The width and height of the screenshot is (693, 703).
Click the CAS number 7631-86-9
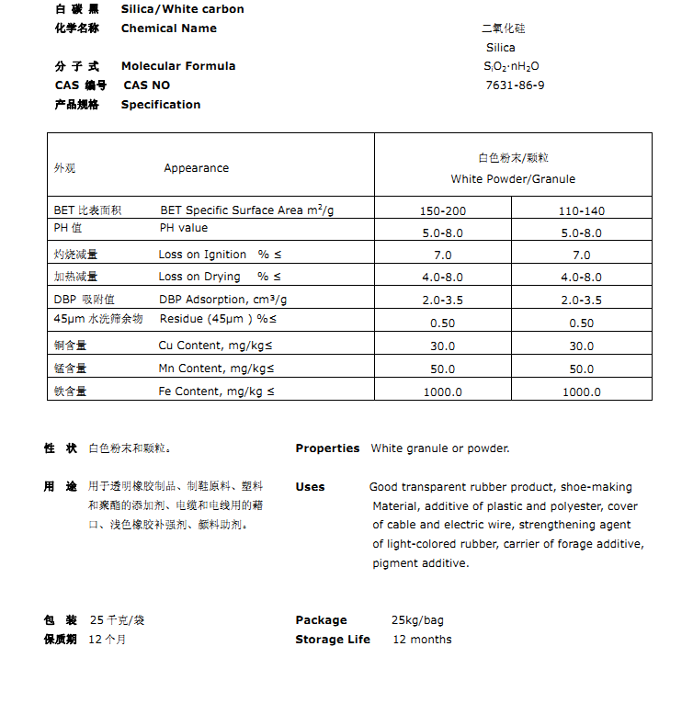tap(515, 85)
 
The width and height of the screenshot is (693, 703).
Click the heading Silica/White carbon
tap(183, 9)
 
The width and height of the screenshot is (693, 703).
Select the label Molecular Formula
tap(178, 66)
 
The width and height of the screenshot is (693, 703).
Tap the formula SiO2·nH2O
tap(511, 66)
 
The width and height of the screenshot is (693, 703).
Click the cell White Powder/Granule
tap(513, 178)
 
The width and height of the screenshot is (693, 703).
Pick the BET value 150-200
tap(442, 210)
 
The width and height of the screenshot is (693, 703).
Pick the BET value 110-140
tap(581, 210)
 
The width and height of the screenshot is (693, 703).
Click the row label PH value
tap(184, 228)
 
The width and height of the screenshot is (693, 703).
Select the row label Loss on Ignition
tap(202, 255)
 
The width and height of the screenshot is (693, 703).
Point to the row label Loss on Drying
tap(199, 277)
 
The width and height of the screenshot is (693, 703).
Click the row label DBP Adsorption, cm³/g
tap(222, 300)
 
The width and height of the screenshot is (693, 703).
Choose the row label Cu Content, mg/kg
tap(215, 345)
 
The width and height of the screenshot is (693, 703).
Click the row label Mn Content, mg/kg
tap(215, 369)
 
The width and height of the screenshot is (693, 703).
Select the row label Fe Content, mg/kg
tap(215, 391)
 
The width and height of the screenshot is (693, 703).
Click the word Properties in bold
tap(327, 448)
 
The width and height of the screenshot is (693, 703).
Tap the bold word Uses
tap(310, 487)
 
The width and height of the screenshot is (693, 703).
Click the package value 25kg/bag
tap(417, 620)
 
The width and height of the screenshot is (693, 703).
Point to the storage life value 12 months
tap(422, 640)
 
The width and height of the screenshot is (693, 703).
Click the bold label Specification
tap(161, 105)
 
